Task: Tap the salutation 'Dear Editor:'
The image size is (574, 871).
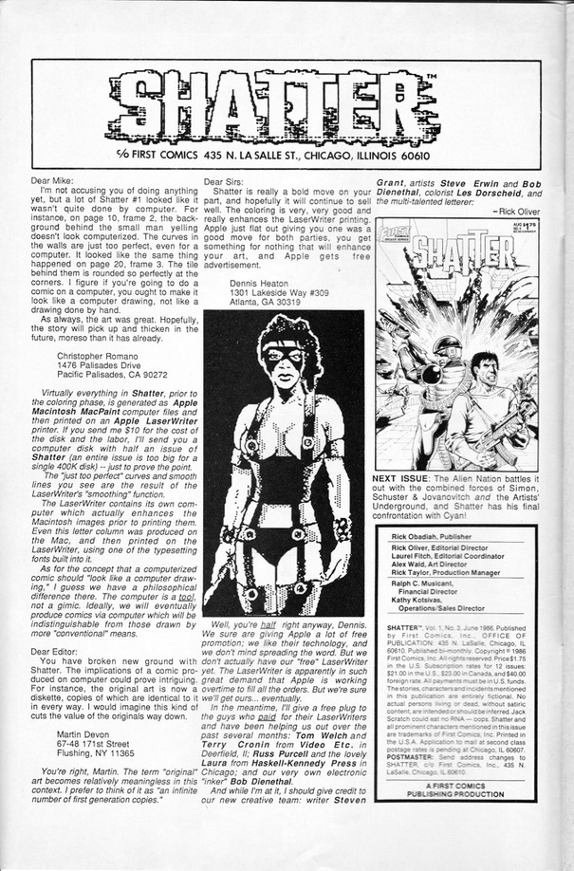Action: tap(58, 651)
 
